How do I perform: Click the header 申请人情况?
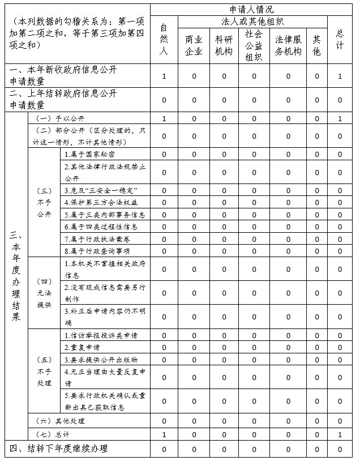pyautogui.click(x=252, y=9)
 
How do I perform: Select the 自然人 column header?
pyautogui.click(x=164, y=40)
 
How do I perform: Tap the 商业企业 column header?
pyautogui.click(x=194, y=46)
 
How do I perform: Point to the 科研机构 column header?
pyautogui.click(x=224, y=46)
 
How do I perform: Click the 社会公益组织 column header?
pyautogui.click(x=254, y=46)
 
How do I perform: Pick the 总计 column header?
pyautogui.click(x=340, y=40)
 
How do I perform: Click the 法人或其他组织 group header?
pyautogui.click(x=252, y=22)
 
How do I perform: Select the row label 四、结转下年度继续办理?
pyautogui.click(x=59, y=449)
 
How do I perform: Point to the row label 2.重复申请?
pyautogui.click(x=83, y=347)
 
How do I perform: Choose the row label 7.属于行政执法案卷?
pyautogui.click(x=93, y=238)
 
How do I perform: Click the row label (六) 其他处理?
pyautogui.click(x=60, y=421)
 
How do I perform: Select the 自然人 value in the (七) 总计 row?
pyautogui.click(x=164, y=434)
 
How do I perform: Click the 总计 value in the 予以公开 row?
pyautogui.click(x=340, y=119)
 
